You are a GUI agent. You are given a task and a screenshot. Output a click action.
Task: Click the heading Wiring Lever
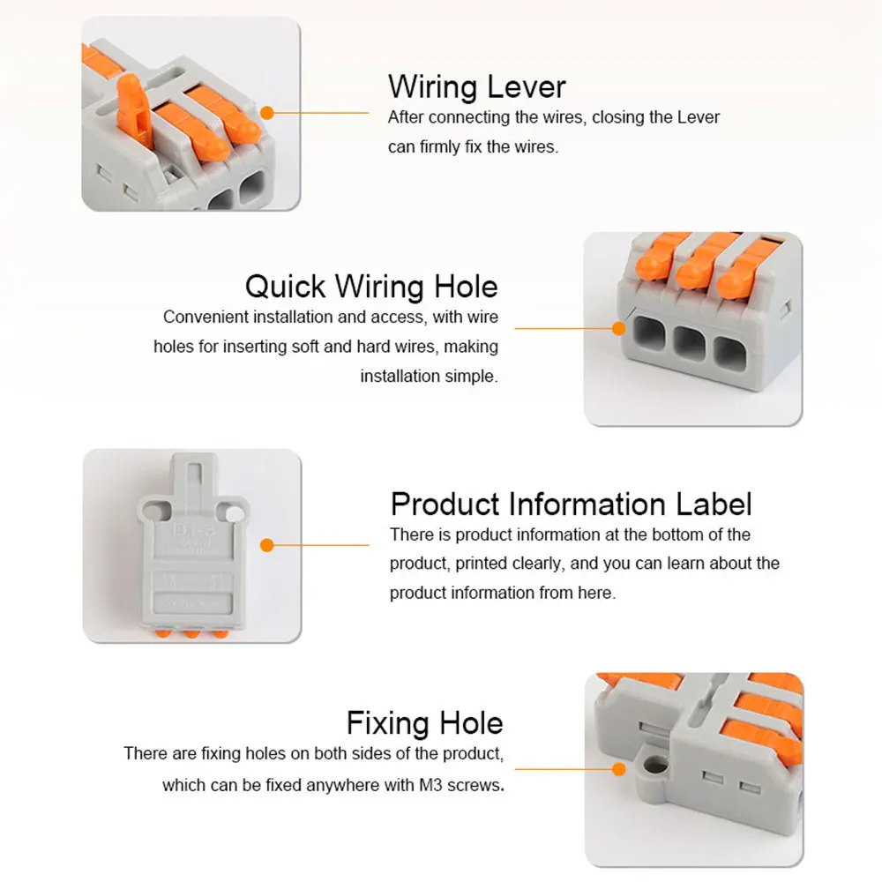click(x=476, y=86)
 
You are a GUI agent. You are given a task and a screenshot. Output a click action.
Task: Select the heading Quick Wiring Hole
click(x=371, y=287)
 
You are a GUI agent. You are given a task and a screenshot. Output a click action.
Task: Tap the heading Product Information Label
click(x=571, y=505)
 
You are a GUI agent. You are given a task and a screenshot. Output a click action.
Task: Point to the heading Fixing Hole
click(x=424, y=723)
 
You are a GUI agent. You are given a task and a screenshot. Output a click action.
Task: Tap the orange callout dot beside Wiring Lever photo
click(x=267, y=113)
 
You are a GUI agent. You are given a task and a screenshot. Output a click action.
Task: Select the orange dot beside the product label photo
click(x=267, y=546)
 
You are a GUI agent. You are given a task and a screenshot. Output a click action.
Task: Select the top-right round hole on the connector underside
click(x=233, y=511)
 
